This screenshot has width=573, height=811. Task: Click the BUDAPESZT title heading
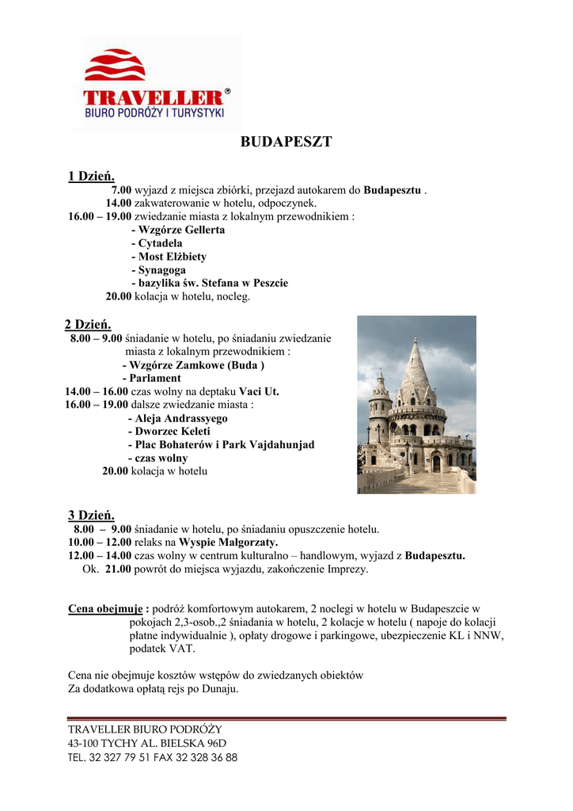pos(286,143)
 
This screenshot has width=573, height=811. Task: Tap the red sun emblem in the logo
pos(115,66)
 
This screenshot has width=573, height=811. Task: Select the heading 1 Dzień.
pos(91,176)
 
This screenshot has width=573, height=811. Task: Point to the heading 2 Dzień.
pos(87,325)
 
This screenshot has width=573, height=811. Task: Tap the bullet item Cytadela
pos(160,243)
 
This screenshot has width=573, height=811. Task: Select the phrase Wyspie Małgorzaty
pos(228,543)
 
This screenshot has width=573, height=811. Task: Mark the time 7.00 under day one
pos(121,190)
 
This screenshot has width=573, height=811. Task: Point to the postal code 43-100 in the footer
pos(83,743)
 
